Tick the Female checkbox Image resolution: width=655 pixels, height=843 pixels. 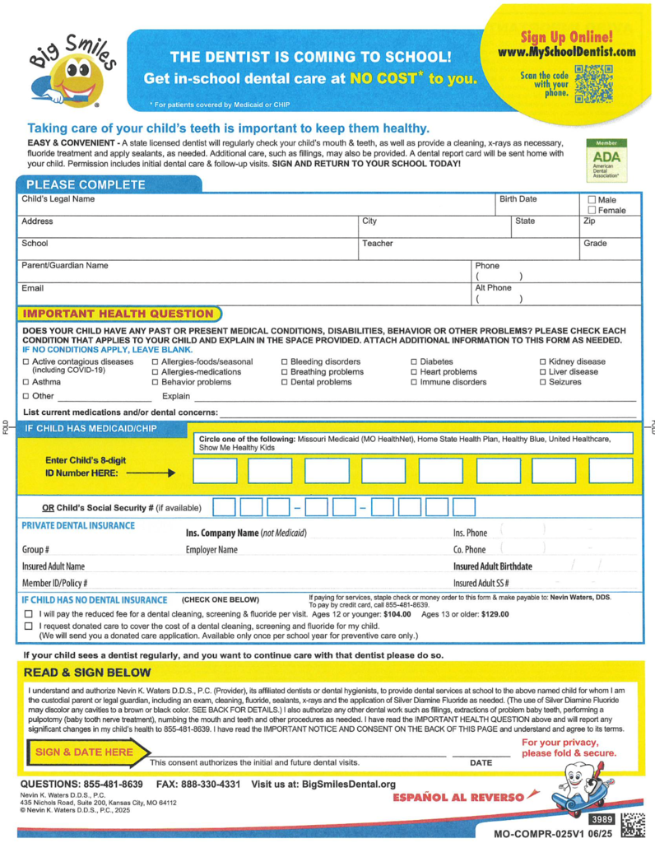click(592, 211)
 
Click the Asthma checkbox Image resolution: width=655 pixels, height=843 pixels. click(26, 382)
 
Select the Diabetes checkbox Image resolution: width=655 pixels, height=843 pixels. click(415, 362)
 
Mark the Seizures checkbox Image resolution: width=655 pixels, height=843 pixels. click(543, 382)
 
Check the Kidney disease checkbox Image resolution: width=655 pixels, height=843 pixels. click(543, 362)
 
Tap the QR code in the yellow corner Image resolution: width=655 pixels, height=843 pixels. click(594, 82)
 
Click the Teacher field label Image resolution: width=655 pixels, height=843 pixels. click(378, 244)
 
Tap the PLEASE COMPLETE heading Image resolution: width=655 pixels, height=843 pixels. click(74, 184)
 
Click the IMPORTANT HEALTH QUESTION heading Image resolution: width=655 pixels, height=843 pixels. click(118, 314)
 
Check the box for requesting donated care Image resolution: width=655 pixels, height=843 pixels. click(29, 626)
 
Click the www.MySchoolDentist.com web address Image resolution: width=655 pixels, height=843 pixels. click(566, 52)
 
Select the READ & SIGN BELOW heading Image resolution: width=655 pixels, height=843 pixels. click(87, 673)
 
